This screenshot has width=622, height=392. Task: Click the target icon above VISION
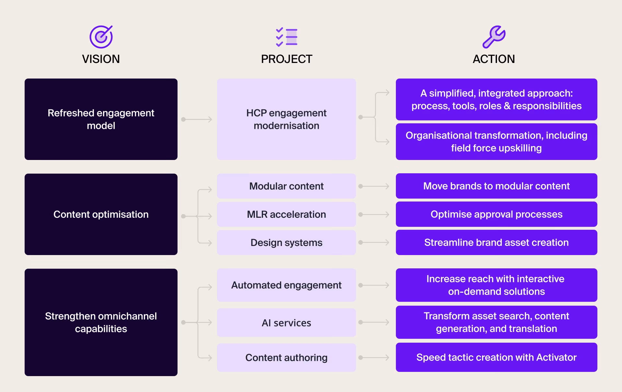pyautogui.click(x=101, y=37)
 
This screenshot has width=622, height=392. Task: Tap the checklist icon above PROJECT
pyautogui.click(x=287, y=37)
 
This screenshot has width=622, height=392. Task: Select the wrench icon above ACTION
pyautogui.click(x=494, y=37)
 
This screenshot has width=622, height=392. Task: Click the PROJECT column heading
pyautogui.click(x=287, y=59)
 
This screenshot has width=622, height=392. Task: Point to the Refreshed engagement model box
pyautogui.click(x=101, y=119)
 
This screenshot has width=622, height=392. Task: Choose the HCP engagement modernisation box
pyautogui.click(x=286, y=119)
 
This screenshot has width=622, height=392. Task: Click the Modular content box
pyautogui.click(x=286, y=186)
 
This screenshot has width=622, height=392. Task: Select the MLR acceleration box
pyautogui.click(x=286, y=214)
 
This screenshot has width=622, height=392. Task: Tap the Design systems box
pyautogui.click(x=286, y=242)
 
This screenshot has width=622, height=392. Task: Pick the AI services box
pyautogui.click(x=286, y=323)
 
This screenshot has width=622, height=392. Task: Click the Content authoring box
pyautogui.click(x=286, y=357)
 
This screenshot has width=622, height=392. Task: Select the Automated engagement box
pyautogui.click(x=286, y=285)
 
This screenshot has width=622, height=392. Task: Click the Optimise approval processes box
pyautogui.click(x=496, y=214)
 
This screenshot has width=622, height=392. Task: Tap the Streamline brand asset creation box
pyautogui.click(x=496, y=242)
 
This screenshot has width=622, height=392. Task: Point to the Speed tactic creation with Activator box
pyautogui.click(x=496, y=357)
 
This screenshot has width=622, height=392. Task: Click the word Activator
pyautogui.click(x=556, y=357)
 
